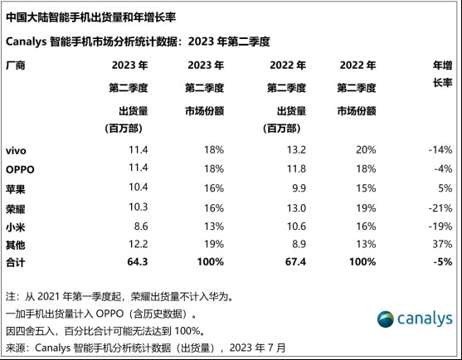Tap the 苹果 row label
(16, 187)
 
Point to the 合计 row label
(16, 261)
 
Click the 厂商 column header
(16, 66)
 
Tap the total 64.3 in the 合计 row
(137, 261)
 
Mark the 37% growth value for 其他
(441, 243)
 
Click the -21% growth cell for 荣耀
(438, 206)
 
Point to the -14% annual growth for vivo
(438, 150)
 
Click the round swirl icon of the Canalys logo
(388, 319)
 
